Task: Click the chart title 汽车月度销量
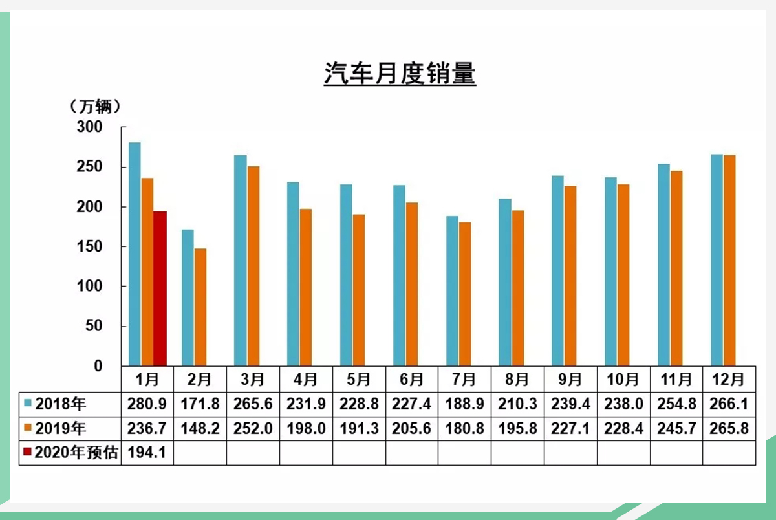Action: (400, 74)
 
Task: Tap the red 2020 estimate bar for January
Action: (160, 288)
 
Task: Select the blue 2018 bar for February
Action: (188, 298)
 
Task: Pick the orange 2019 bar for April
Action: (305, 287)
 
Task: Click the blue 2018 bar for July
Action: (452, 291)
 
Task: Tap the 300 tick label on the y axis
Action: (90, 127)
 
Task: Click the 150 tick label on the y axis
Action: (90, 246)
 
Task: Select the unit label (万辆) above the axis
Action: (94, 106)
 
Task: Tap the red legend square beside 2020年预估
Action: (27, 453)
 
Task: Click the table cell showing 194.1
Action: (147, 453)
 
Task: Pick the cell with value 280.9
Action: (147, 405)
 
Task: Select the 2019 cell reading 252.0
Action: (253, 429)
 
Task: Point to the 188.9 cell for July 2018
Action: (464, 405)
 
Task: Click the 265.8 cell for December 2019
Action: (729, 429)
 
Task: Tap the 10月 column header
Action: (623, 378)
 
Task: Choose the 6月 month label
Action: (412, 378)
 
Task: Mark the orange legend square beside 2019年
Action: (27, 429)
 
